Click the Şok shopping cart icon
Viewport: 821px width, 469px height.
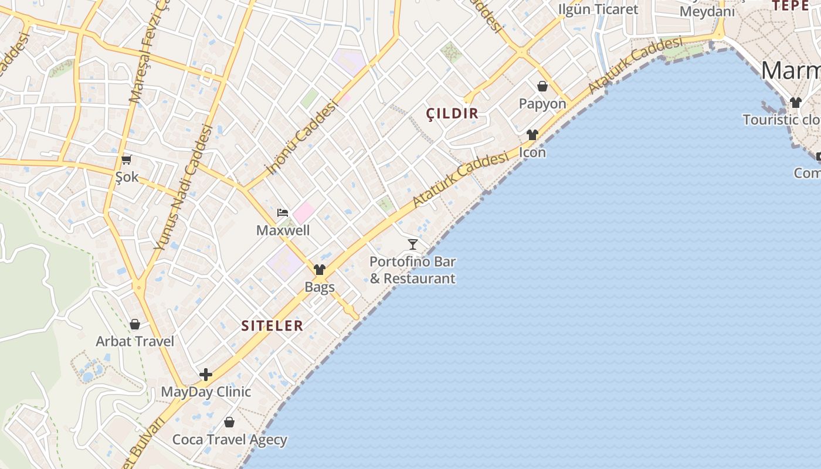[x=126, y=159]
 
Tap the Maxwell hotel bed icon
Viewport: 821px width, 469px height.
[x=283, y=213]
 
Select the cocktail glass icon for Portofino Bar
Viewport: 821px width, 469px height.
[x=413, y=244]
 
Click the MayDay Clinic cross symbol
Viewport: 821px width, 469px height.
[x=205, y=375]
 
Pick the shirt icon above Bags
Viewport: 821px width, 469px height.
[x=320, y=270]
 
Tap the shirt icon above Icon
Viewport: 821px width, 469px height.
[x=532, y=135]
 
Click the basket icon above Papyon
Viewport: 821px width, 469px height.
[x=542, y=87]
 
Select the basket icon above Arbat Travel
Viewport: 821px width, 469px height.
[x=135, y=324]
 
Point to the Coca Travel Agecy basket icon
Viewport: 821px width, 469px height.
[x=229, y=422]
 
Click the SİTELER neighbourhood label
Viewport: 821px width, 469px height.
[x=272, y=326]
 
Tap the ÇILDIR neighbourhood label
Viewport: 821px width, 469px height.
[x=452, y=114]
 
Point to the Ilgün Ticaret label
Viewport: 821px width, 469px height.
[x=598, y=9]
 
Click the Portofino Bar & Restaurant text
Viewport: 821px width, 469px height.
[x=412, y=270]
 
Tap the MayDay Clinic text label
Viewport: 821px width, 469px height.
[x=206, y=392]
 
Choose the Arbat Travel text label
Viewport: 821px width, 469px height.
[x=135, y=341]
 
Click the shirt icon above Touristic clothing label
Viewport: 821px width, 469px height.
[x=795, y=103]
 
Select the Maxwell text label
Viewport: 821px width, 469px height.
[x=283, y=230]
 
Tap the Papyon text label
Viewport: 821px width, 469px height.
[x=542, y=104]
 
